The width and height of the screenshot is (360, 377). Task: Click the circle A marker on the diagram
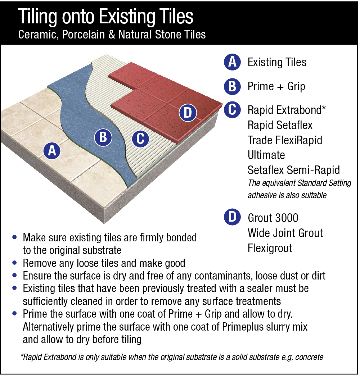click(52, 151)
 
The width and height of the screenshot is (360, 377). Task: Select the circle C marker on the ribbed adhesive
click(140, 138)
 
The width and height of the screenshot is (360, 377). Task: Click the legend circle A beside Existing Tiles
click(233, 62)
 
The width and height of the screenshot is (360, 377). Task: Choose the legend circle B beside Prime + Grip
click(233, 86)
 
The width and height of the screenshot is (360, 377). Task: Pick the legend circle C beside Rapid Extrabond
click(233, 110)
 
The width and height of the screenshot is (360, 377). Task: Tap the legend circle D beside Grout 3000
click(233, 217)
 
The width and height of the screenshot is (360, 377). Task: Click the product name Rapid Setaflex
click(280, 125)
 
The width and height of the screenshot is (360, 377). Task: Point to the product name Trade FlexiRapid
click(285, 140)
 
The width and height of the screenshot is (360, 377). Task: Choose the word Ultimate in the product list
click(266, 155)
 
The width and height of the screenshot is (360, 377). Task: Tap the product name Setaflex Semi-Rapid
click(294, 170)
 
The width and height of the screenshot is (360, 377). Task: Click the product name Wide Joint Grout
click(285, 233)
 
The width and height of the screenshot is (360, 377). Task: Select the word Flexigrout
click(270, 248)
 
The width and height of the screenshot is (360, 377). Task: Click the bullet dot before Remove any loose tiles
click(14, 263)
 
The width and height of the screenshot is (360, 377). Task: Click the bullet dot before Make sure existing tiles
click(14, 237)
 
